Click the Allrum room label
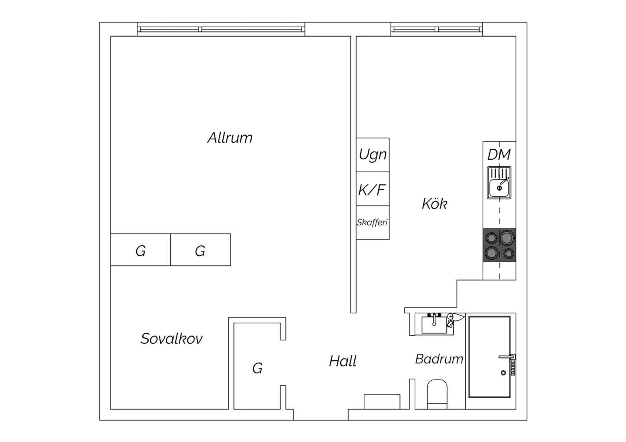230,138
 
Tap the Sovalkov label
172,339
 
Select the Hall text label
343,361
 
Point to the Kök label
434,203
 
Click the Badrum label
439,359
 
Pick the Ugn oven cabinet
373,155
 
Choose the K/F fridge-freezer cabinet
373,189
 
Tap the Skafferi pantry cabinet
373,223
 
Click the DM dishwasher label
499,154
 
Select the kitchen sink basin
499,188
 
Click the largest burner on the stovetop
507,238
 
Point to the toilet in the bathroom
437,394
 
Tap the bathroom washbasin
434,325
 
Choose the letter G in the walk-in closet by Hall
257,368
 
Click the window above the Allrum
221,29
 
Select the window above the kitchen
437,29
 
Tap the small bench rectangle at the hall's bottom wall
382,402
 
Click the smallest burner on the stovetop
509,254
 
